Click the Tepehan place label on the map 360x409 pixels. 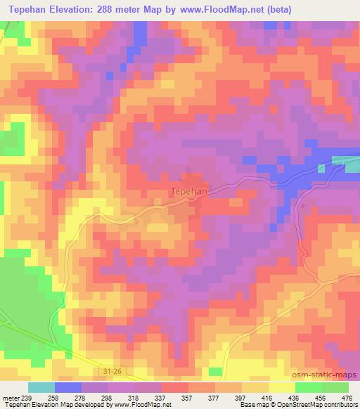186,190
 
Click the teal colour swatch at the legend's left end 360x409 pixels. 42,387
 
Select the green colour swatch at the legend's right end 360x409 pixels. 334,387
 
